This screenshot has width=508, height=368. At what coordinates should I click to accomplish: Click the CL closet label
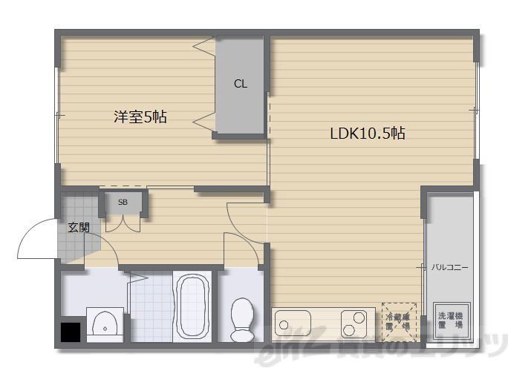coord(240,84)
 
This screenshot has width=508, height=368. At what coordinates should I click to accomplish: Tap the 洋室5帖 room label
coord(140,116)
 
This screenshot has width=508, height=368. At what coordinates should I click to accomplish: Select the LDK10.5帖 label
coord(367,134)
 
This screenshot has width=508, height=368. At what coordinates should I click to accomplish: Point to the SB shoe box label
coord(123,202)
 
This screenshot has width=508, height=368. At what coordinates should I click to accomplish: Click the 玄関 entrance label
coord(79,227)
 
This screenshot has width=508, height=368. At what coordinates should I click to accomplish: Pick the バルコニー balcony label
coord(450,267)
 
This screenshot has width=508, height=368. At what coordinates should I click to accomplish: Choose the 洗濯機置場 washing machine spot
coord(450,320)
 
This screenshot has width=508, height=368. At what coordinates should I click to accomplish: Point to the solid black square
coord(71,331)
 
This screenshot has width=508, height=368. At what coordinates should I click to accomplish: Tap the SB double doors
coord(123,221)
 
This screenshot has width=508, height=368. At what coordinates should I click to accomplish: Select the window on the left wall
coord(57,115)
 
